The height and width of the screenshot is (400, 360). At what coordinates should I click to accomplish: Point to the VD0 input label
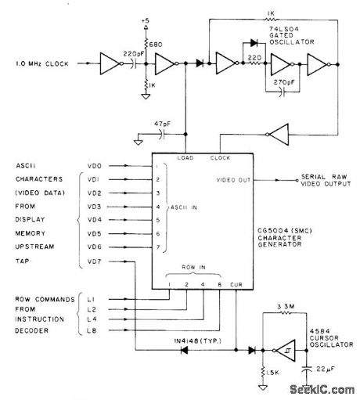point(96,165)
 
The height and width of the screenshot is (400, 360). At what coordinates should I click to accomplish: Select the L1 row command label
point(97,298)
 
